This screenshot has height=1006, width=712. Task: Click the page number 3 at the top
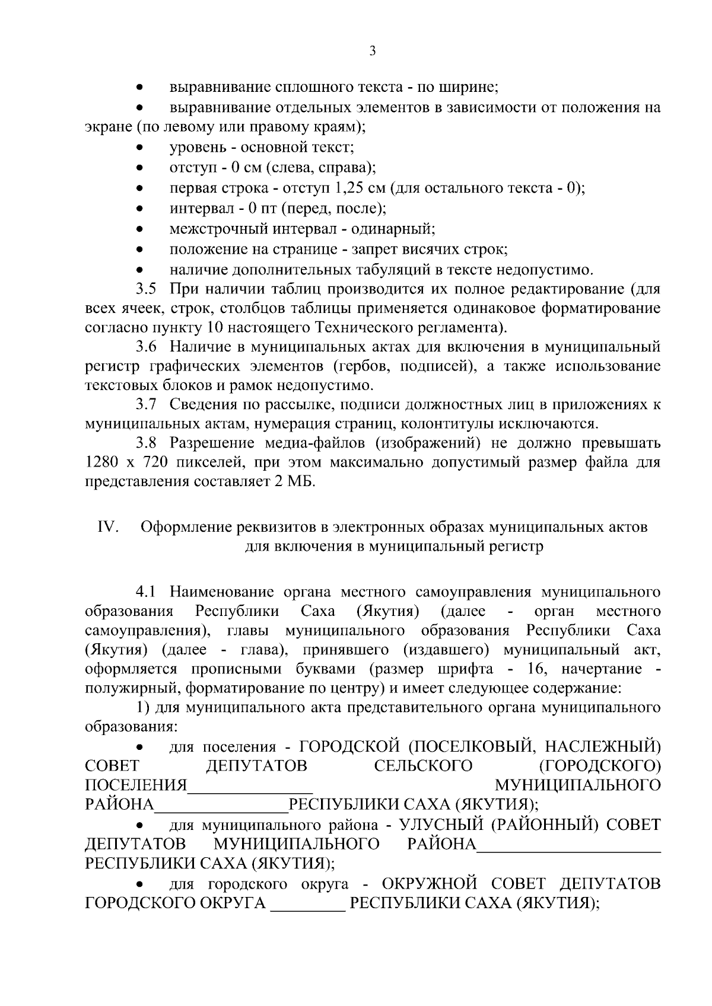pyautogui.click(x=373, y=51)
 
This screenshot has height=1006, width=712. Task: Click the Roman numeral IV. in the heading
pyautogui.click(x=109, y=527)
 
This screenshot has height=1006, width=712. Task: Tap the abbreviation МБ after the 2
pyautogui.click(x=300, y=481)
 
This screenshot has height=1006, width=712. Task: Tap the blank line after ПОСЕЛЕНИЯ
pyautogui.click(x=250, y=786)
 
